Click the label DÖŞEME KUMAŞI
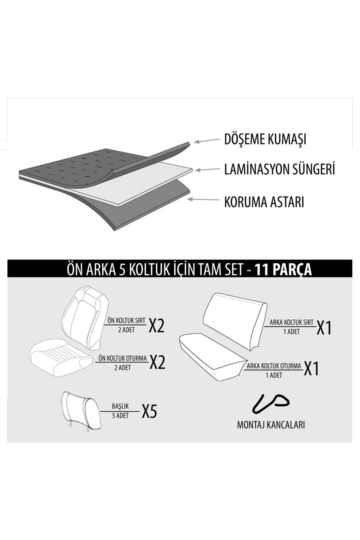point(265,139)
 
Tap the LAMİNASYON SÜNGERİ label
point(279,169)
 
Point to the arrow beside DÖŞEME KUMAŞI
point(207,140)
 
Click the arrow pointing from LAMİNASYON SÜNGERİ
point(207,169)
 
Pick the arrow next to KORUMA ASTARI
point(203,199)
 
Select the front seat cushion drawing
point(60,358)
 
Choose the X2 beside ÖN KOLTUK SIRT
point(157,325)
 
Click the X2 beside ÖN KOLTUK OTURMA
point(157,362)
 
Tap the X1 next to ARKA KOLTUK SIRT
point(324,328)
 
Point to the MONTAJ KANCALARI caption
point(271,425)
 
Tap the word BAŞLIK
point(120,406)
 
